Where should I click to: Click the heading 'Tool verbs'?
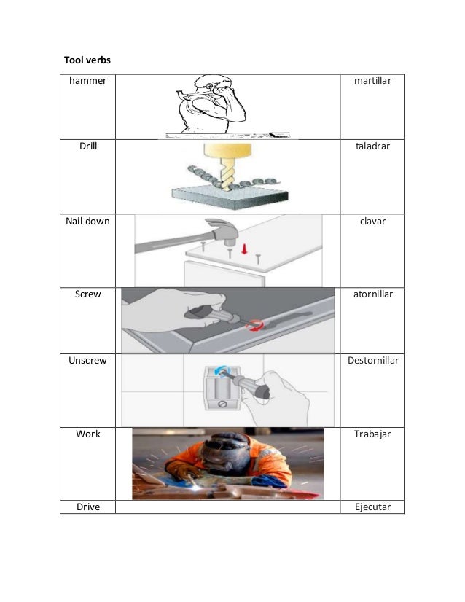[x=87, y=60]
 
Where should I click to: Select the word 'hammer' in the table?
[x=87, y=81]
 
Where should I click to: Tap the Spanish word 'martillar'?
[x=372, y=81]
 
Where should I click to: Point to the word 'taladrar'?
[x=372, y=146]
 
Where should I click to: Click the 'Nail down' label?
[x=87, y=221]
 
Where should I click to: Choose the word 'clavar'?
[x=372, y=221]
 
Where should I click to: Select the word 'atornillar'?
[x=373, y=294]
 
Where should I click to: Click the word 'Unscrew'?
[x=87, y=361]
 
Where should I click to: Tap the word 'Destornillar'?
[x=373, y=361]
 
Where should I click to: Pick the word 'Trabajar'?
[x=372, y=434]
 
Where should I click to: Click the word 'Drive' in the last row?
[x=88, y=507]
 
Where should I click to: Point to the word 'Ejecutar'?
[x=372, y=507]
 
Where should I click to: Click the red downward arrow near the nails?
[x=244, y=249]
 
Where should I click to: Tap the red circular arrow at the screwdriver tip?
[x=255, y=325]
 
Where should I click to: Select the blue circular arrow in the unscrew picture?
[x=222, y=370]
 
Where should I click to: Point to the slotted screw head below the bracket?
[x=222, y=404]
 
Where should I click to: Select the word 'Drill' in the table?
[x=88, y=146]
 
